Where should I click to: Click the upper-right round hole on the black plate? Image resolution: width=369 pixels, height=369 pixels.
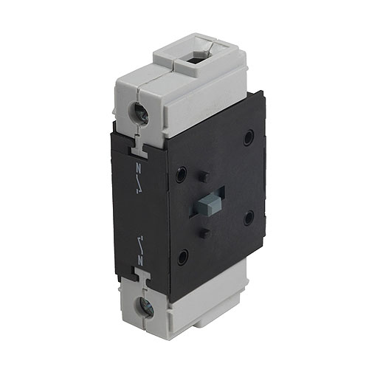[x=249, y=137]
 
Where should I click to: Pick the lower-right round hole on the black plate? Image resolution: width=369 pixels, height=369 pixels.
[x=249, y=217]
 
